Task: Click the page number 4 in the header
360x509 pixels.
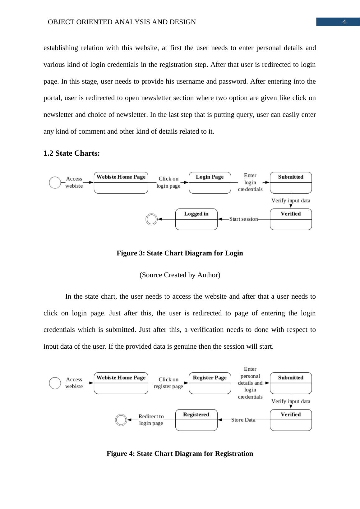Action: [x=344, y=22]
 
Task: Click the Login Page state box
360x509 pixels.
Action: [x=210, y=183]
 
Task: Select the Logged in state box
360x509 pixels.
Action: [x=196, y=219]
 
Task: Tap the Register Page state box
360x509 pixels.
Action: [x=210, y=383]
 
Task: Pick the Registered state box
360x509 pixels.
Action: [x=196, y=420]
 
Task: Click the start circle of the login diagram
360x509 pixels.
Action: [x=55, y=182]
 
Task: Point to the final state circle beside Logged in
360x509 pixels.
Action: [x=152, y=219]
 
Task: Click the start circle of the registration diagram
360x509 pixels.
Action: [x=55, y=383]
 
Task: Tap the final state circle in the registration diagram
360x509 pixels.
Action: [x=121, y=420]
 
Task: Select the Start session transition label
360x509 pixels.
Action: [x=243, y=219]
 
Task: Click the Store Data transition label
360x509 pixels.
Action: [x=243, y=420]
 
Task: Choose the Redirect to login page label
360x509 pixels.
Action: [x=151, y=420]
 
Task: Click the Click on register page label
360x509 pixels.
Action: [x=168, y=383]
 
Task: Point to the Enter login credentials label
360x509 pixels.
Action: [x=250, y=182]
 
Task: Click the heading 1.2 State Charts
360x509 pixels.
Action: [x=72, y=153]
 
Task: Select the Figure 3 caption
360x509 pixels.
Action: [x=180, y=253]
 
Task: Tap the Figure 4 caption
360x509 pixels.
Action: [x=180, y=454]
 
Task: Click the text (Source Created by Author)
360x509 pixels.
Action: [x=180, y=275]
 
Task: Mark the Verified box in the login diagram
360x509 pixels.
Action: [x=291, y=219]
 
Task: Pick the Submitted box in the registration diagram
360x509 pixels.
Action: [x=291, y=383]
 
